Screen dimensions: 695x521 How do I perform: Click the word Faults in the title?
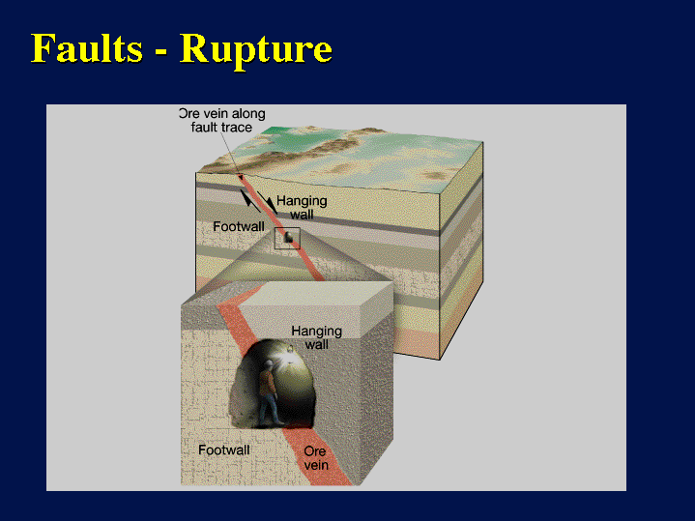pyautogui.click(x=87, y=47)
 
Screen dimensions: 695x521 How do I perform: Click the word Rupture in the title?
pyautogui.click(x=256, y=50)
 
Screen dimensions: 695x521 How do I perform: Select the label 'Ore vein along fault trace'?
pyautogui.click(x=222, y=120)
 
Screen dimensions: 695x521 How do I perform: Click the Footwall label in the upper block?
pyautogui.click(x=239, y=226)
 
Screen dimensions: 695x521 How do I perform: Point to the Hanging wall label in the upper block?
pyautogui.click(x=302, y=208)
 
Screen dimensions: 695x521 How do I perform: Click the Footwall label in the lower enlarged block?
pyautogui.click(x=224, y=450)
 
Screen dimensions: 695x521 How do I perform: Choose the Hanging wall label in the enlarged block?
pyautogui.click(x=316, y=337)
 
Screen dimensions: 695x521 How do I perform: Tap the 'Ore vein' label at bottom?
pyautogui.click(x=316, y=458)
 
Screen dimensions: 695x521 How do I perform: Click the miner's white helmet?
pyautogui.click(x=269, y=363)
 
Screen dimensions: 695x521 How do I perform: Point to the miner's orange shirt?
pyautogui.click(x=267, y=383)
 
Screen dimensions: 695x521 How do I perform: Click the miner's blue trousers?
pyautogui.click(x=270, y=410)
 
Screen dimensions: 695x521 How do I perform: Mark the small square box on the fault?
pyautogui.click(x=287, y=238)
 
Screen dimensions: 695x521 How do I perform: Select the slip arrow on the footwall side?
pyautogui.click(x=249, y=200)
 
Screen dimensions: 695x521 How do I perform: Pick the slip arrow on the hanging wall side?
pyautogui.click(x=268, y=203)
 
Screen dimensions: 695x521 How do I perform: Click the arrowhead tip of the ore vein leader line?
pyautogui.click(x=241, y=179)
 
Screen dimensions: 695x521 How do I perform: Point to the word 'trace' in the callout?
pyautogui.click(x=237, y=128)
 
